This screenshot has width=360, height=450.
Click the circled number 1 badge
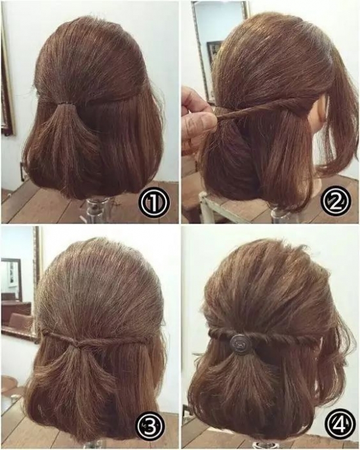(155, 202)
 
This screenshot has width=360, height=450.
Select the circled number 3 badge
(151, 427)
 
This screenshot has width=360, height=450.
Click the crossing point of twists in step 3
(77, 343)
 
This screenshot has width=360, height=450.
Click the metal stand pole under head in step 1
(94, 211)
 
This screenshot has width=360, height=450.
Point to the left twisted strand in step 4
(219, 336)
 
